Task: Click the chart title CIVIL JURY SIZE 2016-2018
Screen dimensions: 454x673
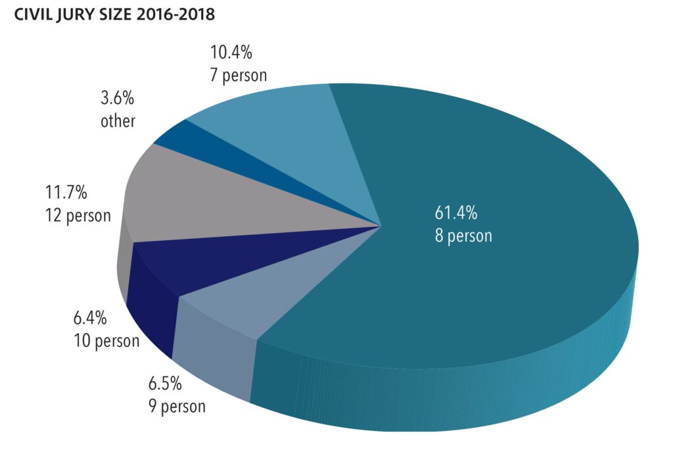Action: click(110, 14)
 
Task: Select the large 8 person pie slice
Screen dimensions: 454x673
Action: click(499, 276)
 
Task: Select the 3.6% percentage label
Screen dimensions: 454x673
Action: click(118, 99)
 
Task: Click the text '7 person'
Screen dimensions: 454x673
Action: click(238, 75)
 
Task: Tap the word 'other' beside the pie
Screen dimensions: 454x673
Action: click(118, 121)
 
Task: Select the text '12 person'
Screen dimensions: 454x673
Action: click(78, 215)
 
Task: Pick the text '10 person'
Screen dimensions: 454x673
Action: click(106, 341)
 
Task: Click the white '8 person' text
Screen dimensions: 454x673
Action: click(463, 235)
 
